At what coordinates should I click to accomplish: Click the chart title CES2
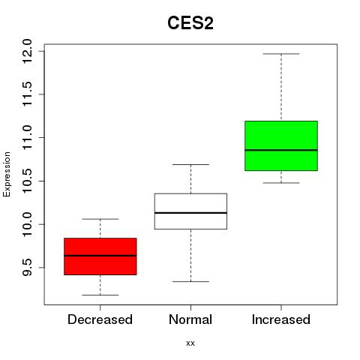pyautogui.click(x=190, y=23)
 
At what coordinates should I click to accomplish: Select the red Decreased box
pyautogui.click(x=100, y=256)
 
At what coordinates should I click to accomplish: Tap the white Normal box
pyautogui.click(x=190, y=211)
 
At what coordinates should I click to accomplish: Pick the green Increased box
pyautogui.click(x=281, y=145)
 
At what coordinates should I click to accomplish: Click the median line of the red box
pyautogui.click(x=100, y=256)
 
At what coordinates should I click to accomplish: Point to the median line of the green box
pyautogui.click(x=281, y=150)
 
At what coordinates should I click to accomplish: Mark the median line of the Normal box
pyautogui.click(x=190, y=213)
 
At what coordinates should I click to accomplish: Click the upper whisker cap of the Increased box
pyautogui.click(x=281, y=54)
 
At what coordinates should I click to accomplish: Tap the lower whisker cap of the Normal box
pyautogui.click(x=190, y=281)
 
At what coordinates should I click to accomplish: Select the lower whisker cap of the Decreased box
pyautogui.click(x=100, y=295)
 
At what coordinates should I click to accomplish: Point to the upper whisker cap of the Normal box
pyautogui.click(x=190, y=164)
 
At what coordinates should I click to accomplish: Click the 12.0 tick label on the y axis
pyautogui.click(x=27, y=51)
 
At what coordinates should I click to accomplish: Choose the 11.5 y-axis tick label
pyautogui.click(x=27, y=94)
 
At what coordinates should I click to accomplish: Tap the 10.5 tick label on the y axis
pyautogui.click(x=27, y=181)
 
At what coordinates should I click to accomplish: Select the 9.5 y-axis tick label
pyautogui.click(x=27, y=268)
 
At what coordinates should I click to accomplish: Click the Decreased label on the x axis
pyautogui.click(x=100, y=319)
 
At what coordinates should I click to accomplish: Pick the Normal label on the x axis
pyautogui.click(x=190, y=319)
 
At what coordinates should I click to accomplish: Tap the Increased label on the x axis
pyautogui.click(x=281, y=319)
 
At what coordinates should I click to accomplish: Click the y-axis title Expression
pyautogui.click(x=7, y=175)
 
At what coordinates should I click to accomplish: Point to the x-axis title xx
pyautogui.click(x=190, y=343)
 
